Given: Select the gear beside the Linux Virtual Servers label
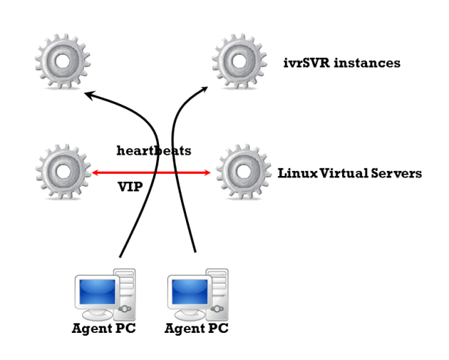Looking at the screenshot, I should click(x=242, y=172).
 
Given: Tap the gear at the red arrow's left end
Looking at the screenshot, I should click(x=60, y=172).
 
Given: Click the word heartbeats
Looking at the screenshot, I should click(x=155, y=151).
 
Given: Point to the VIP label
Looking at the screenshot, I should click(x=130, y=187).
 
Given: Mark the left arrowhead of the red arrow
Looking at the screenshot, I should click(x=96, y=173).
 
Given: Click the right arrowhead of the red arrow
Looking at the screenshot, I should click(x=207, y=173).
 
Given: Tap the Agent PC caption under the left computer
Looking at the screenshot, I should click(x=103, y=328).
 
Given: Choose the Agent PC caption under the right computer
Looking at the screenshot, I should click(x=196, y=328).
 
